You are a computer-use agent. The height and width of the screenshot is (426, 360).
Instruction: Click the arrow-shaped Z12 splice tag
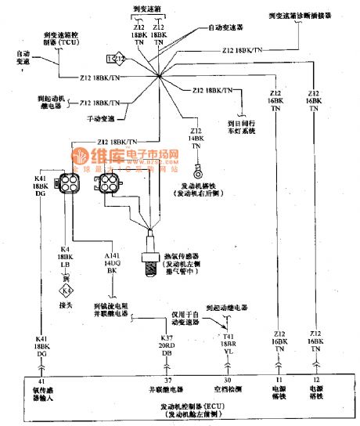point(114,60)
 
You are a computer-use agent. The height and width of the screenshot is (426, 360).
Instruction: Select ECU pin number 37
point(146,379)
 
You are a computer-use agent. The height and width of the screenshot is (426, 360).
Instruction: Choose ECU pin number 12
point(317,379)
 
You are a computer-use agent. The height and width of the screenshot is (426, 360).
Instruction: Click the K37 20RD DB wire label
point(146,345)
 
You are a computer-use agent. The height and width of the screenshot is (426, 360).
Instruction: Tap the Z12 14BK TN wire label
point(196,138)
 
